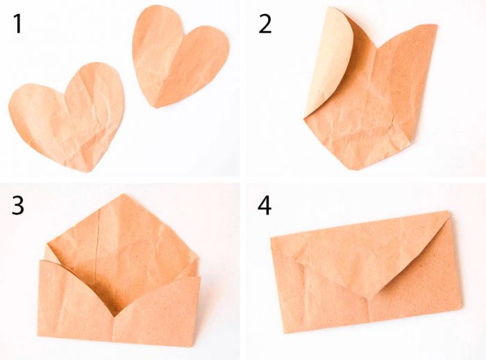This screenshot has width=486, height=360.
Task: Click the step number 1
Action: [18, 24]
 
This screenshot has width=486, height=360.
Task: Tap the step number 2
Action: [265, 24]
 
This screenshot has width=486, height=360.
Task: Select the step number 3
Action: [17, 205]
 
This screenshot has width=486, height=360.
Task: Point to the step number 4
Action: [265, 205]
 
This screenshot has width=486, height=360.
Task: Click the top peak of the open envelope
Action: [124, 194]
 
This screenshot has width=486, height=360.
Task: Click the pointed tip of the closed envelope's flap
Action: [368, 298]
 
